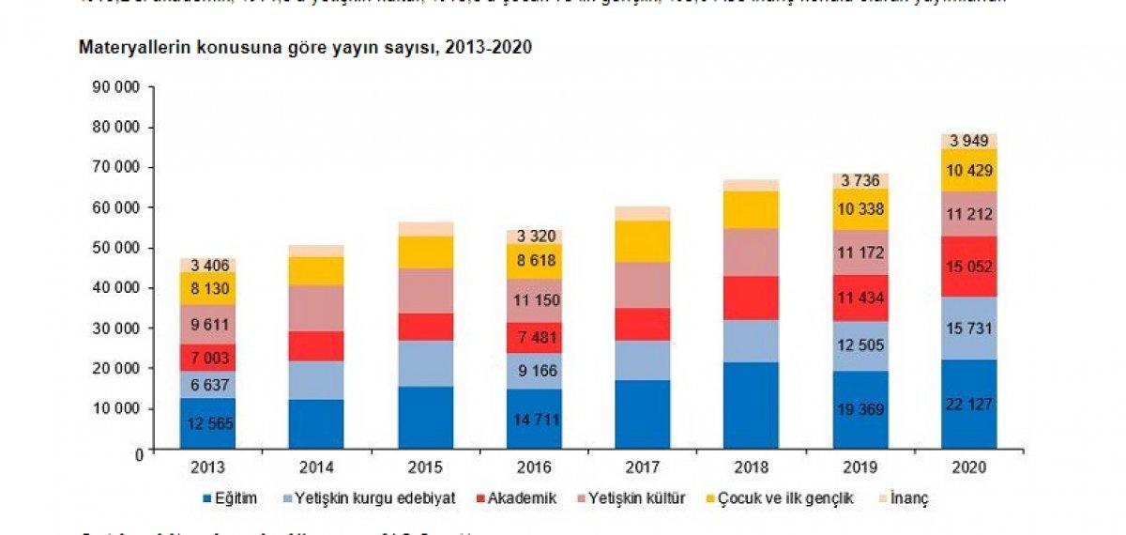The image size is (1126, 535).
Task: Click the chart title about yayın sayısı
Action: pyautogui.click(x=306, y=48)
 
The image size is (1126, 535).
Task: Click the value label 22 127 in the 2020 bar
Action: pyautogui.click(x=969, y=404)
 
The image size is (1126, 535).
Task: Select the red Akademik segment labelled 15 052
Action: pyautogui.click(x=969, y=267)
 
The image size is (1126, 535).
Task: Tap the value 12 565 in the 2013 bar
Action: pyautogui.click(x=208, y=422)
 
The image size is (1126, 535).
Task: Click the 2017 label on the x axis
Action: pyautogui.click(x=643, y=466)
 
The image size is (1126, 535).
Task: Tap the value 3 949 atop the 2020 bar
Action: pyautogui.click(x=969, y=141)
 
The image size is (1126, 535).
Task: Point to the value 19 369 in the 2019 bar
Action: pyautogui.click(x=860, y=409)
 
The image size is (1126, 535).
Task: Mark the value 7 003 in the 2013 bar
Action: pyautogui.click(x=208, y=357)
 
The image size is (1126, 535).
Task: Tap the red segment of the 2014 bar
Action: pyautogui.click(x=317, y=345)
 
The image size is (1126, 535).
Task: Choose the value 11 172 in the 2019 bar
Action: pyautogui.click(x=860, y=252)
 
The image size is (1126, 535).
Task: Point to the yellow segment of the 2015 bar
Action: pyautogui.click(x=426, y=252)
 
